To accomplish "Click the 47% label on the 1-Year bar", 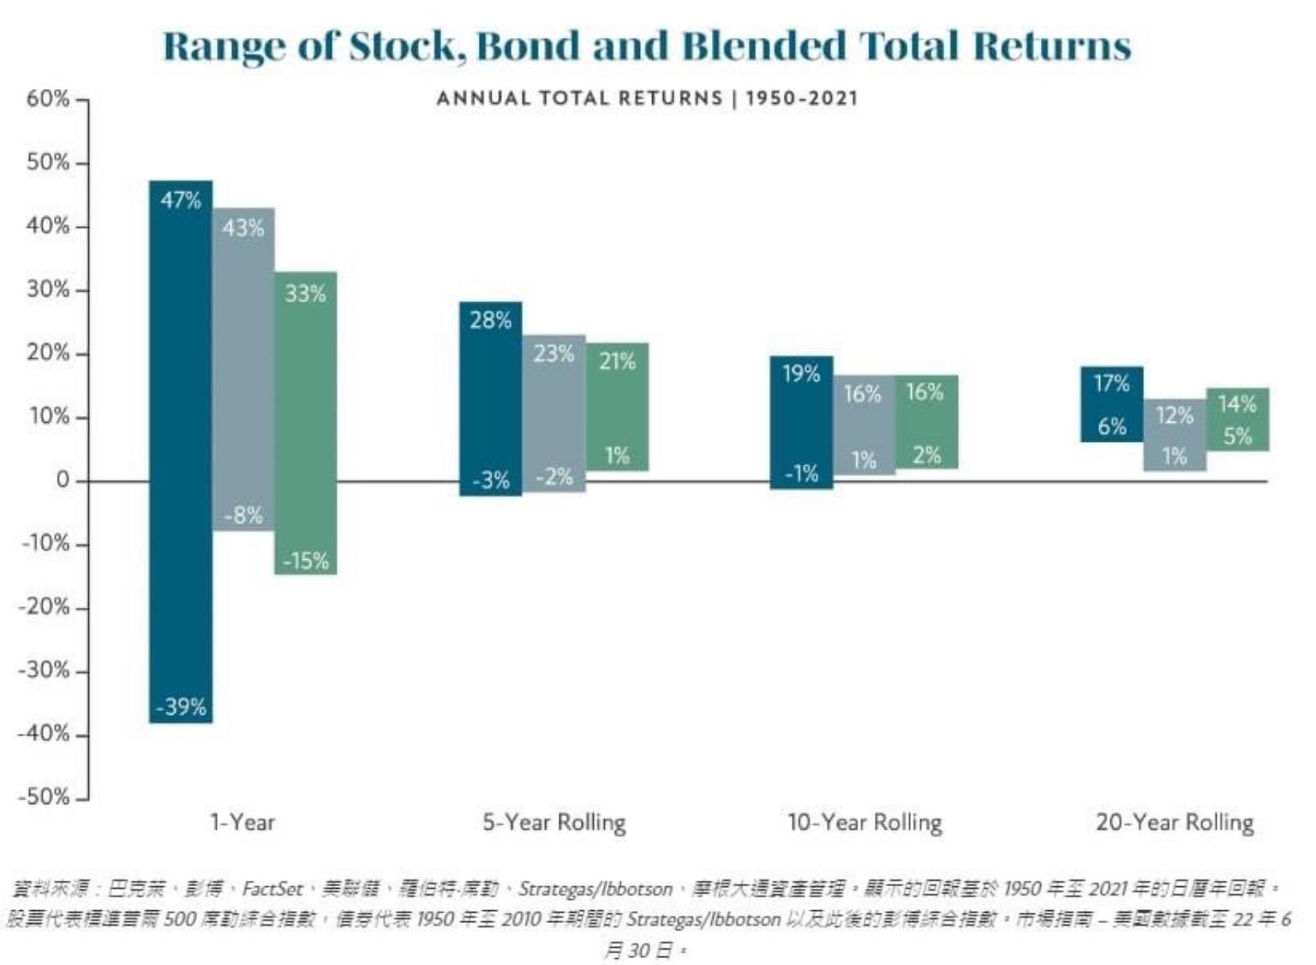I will (x=181, y=200).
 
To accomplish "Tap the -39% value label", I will (x=181, y=707).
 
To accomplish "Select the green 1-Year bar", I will (x=306, y=423).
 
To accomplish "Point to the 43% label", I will (x=243, y=228).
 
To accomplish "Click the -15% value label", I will (x=306, y=561).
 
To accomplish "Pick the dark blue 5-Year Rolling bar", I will (x=490, y=398).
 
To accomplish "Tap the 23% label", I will (x=553, y=354).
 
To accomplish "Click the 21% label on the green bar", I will (x=617, y=361).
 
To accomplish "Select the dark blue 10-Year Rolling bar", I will (x=801, y=423).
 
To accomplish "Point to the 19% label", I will (x=801, y=373).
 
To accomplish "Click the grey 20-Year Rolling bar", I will (x=1175, y=435).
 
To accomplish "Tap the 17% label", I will (x=1111, y=384).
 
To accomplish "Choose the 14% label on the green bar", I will (x=1237, y=404).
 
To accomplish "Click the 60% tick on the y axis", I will (x=48, y=98).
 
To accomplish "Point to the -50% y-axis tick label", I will (x=44, y=796).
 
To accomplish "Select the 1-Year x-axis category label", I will (x=242, y=822).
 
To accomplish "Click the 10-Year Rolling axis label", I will (x=864, y=822).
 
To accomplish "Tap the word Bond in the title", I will (x=528, y=45).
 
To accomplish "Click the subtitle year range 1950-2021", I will (x=801, y=98).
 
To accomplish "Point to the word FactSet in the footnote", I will (x=272, y=889).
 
